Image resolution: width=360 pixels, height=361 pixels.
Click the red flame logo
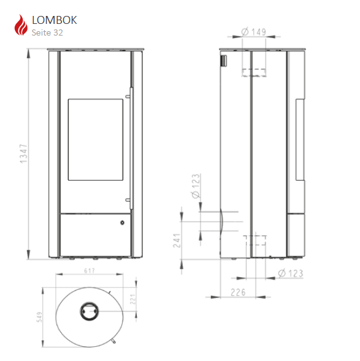click(21, 25)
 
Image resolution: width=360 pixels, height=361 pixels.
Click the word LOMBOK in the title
click(55, 20)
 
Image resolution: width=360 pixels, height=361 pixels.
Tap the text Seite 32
click(47, 32)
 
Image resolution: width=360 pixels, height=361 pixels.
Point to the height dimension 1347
click(23, 154)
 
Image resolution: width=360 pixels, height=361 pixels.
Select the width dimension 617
click(90, 271)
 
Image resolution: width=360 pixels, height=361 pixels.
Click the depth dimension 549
click(40, 317)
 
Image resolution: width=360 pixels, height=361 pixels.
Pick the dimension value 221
click(132, 299)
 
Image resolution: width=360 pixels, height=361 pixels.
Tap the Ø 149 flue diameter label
click(253, 32)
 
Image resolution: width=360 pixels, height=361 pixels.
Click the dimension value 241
click(177, 240)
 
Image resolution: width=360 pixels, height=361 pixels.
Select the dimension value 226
click(238, 292)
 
